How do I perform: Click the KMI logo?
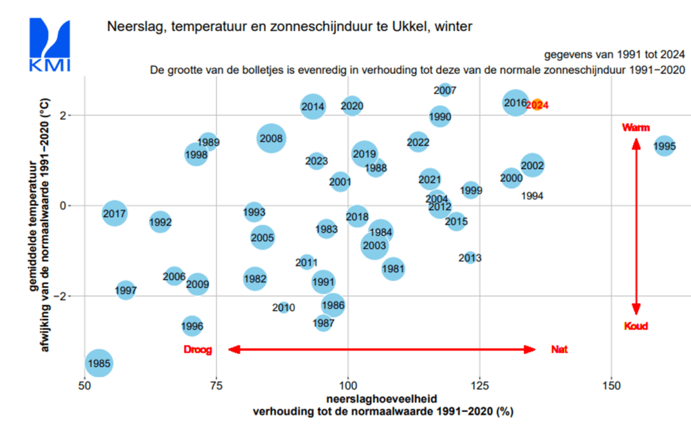[x=50, y=44]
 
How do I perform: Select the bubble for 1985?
[x=99, y=363]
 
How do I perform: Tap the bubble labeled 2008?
[x=271, y=138]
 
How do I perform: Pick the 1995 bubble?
[x=664, y=146]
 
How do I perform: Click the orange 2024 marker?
[x=536, y=105]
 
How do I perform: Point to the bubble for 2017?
[x=115, y=214]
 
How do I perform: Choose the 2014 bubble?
[x=313, y=107]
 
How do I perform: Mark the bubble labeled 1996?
[x=192, y=326]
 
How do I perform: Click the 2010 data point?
[x=283, y=307]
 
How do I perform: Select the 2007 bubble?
[x=445, y=90]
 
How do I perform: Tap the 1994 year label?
[x=532, y=196]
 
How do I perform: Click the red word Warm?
[x=636, y=127]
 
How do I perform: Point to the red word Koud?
[x=636, y=326]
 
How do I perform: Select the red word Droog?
[x=198, y=350]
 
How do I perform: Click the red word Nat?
[x=559, y=349]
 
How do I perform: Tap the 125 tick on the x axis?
[x=480, y=386]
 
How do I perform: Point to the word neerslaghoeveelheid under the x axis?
[x=382, y=399]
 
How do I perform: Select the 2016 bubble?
[x=515, y=102]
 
